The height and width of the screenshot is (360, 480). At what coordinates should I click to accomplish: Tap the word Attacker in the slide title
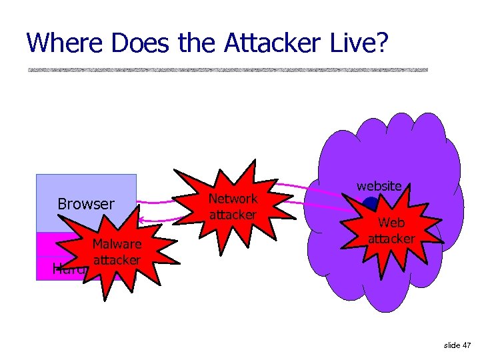click(273, 43)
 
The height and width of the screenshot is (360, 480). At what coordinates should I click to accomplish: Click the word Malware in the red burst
click(117, 244)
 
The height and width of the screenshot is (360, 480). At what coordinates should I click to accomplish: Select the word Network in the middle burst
click(233, 199)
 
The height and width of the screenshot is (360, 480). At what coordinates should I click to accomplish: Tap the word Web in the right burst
click(391, 224)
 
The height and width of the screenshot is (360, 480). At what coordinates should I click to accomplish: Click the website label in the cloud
click(379, 186)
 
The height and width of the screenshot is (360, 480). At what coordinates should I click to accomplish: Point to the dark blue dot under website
click(369, 204)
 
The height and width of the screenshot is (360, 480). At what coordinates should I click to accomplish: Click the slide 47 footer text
click(457, 345)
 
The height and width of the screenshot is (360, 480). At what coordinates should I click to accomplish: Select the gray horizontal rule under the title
click(227, 70)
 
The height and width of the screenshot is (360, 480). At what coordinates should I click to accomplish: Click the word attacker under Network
click(233, 215)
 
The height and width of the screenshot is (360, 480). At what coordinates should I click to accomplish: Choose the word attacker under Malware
click(117, 259)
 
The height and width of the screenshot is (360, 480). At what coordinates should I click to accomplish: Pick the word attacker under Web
click(391, 239)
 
